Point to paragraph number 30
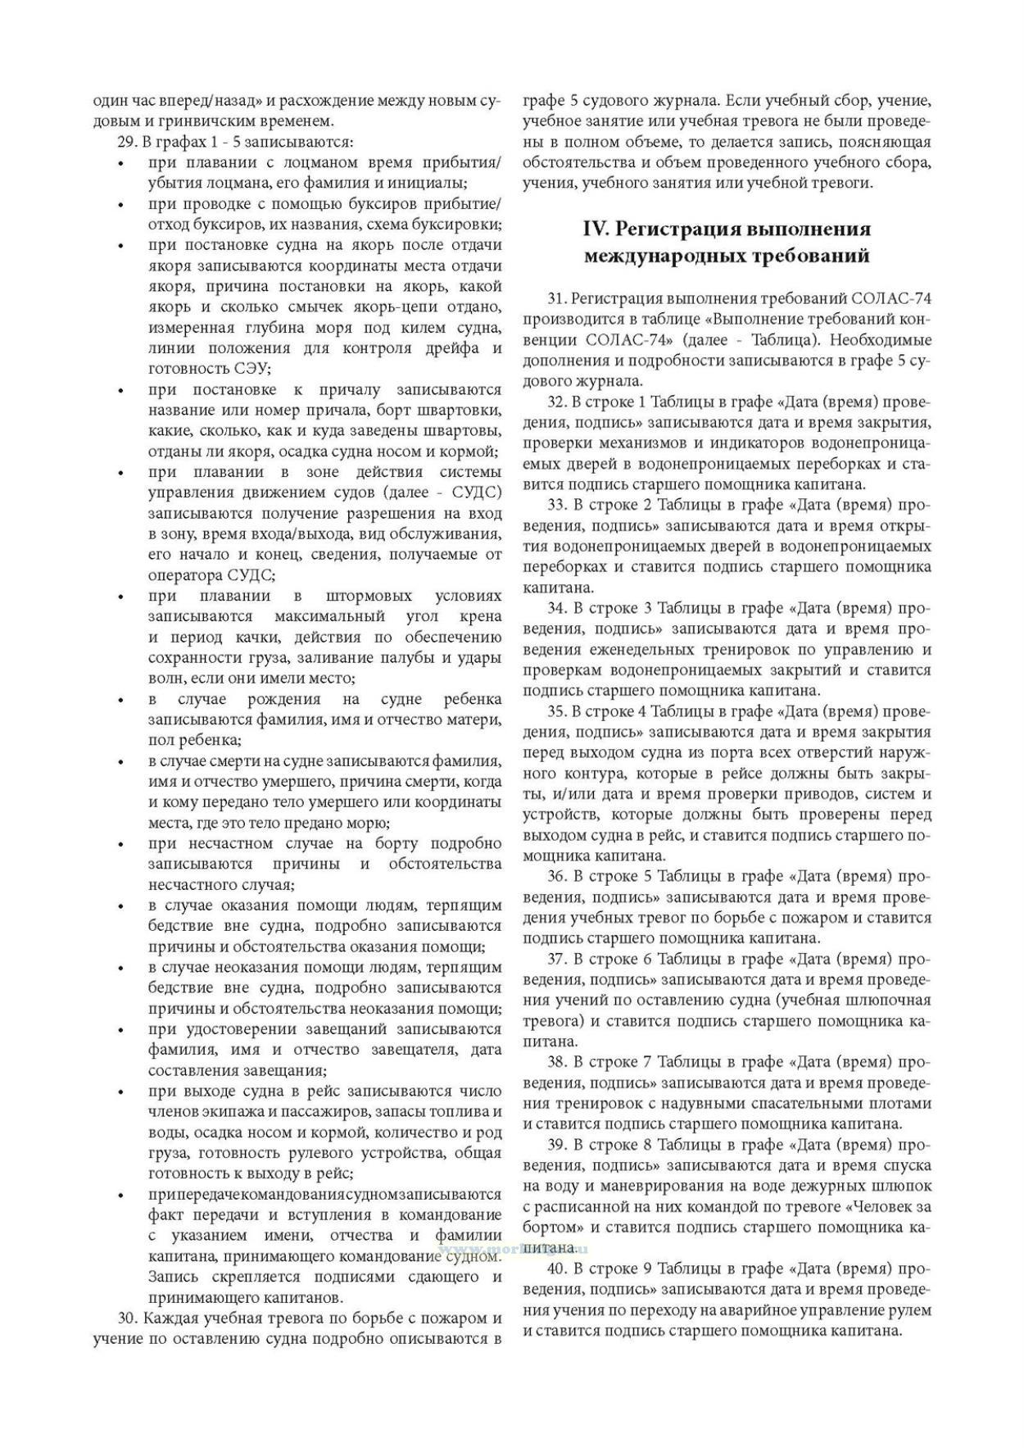126,1319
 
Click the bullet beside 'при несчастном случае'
120,845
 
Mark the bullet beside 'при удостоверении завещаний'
120,1030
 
